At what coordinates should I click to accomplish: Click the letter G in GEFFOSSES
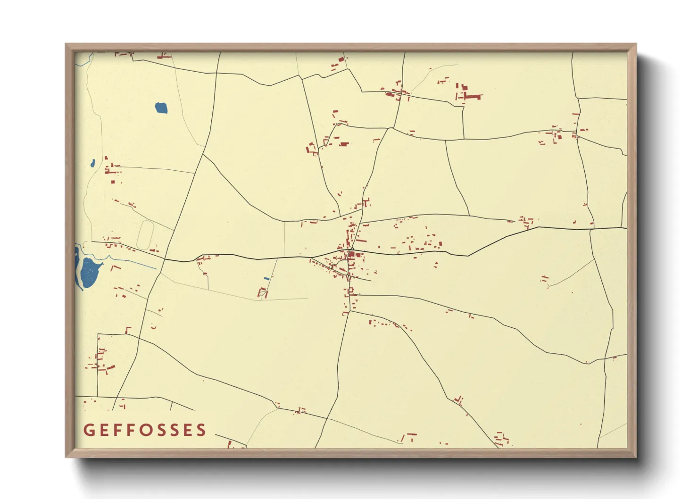88,430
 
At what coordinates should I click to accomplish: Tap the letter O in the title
144,430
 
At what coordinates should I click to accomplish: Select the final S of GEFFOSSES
201,430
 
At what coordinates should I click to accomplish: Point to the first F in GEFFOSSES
116,430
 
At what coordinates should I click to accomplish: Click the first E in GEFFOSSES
103,430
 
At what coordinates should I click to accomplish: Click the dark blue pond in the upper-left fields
161,108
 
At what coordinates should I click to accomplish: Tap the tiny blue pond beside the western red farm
93,164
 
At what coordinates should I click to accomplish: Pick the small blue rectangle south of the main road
266,279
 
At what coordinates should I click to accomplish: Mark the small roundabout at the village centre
352,249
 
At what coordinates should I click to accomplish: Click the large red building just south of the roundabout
351,255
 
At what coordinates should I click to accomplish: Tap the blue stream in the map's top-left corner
86,59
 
